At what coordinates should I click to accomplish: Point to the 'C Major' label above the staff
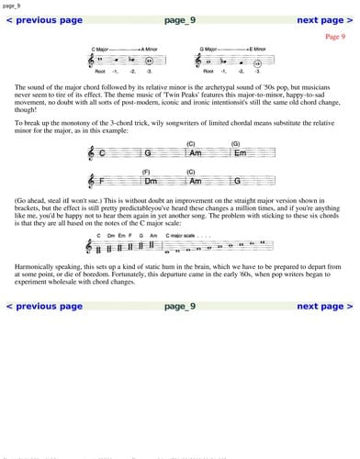pyautogui.click(x=100, y=48)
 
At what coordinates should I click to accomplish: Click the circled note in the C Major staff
pyautogui.click(x=137, y=60)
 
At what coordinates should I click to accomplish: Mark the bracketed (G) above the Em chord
pyautogui.click(x=235, y=143)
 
